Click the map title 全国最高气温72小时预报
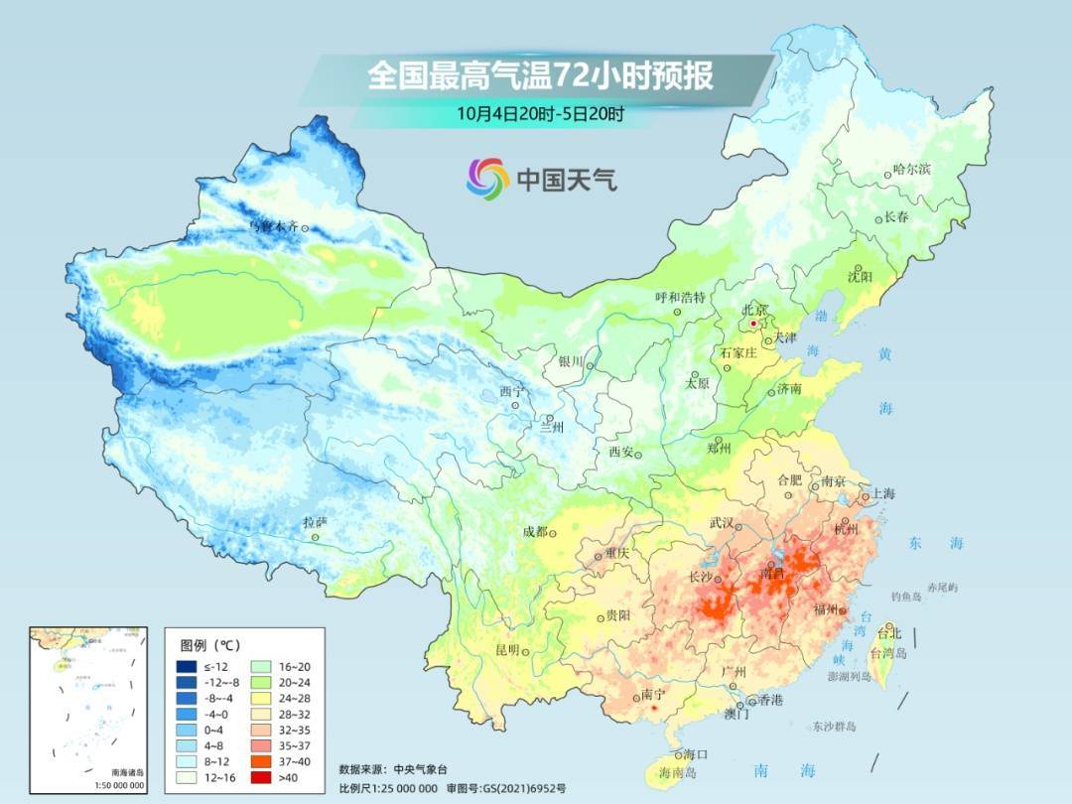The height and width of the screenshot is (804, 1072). [x=540, y=76]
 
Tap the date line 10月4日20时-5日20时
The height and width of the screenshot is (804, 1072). [x=540, y=113]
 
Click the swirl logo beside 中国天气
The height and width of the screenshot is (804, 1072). [x=487, y=179]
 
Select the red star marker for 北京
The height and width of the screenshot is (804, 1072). [x=754, y=324]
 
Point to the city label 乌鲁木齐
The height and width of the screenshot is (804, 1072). [x=272, y=227]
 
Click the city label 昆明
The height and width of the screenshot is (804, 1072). [x=506, y=649]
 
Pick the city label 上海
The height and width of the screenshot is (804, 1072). [x=882, y=494]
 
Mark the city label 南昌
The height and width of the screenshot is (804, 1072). [x=772, y=573]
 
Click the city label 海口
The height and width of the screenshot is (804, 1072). [x=695, y=754]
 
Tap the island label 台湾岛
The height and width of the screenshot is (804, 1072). [x=888, y=654]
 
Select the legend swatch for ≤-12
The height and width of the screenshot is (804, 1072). [x=187, y=668]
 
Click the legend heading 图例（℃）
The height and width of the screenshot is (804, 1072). [x=211, y=643]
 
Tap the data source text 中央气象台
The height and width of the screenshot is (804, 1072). [x=421, y=768]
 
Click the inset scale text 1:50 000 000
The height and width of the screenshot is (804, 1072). [x=114, y=785]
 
